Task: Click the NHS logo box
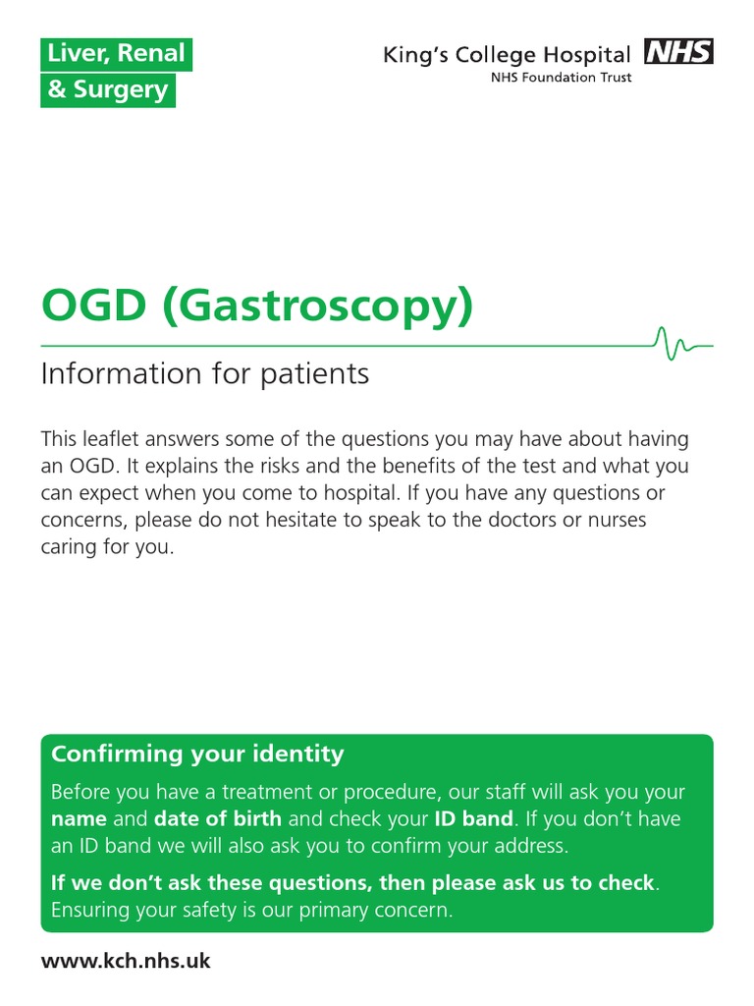(x=678, y=52)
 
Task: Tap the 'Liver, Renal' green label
(x=116, y=55)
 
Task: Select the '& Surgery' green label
(x=108, y=90)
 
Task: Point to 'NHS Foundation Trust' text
(x=561, y=78)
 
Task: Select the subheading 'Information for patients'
(x=204, y=374)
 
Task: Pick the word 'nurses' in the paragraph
(x=615, y=521)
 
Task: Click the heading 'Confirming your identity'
(x=197, y=754)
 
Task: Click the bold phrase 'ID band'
(x=474, y=818)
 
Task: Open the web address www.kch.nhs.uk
(x=126, y=961)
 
